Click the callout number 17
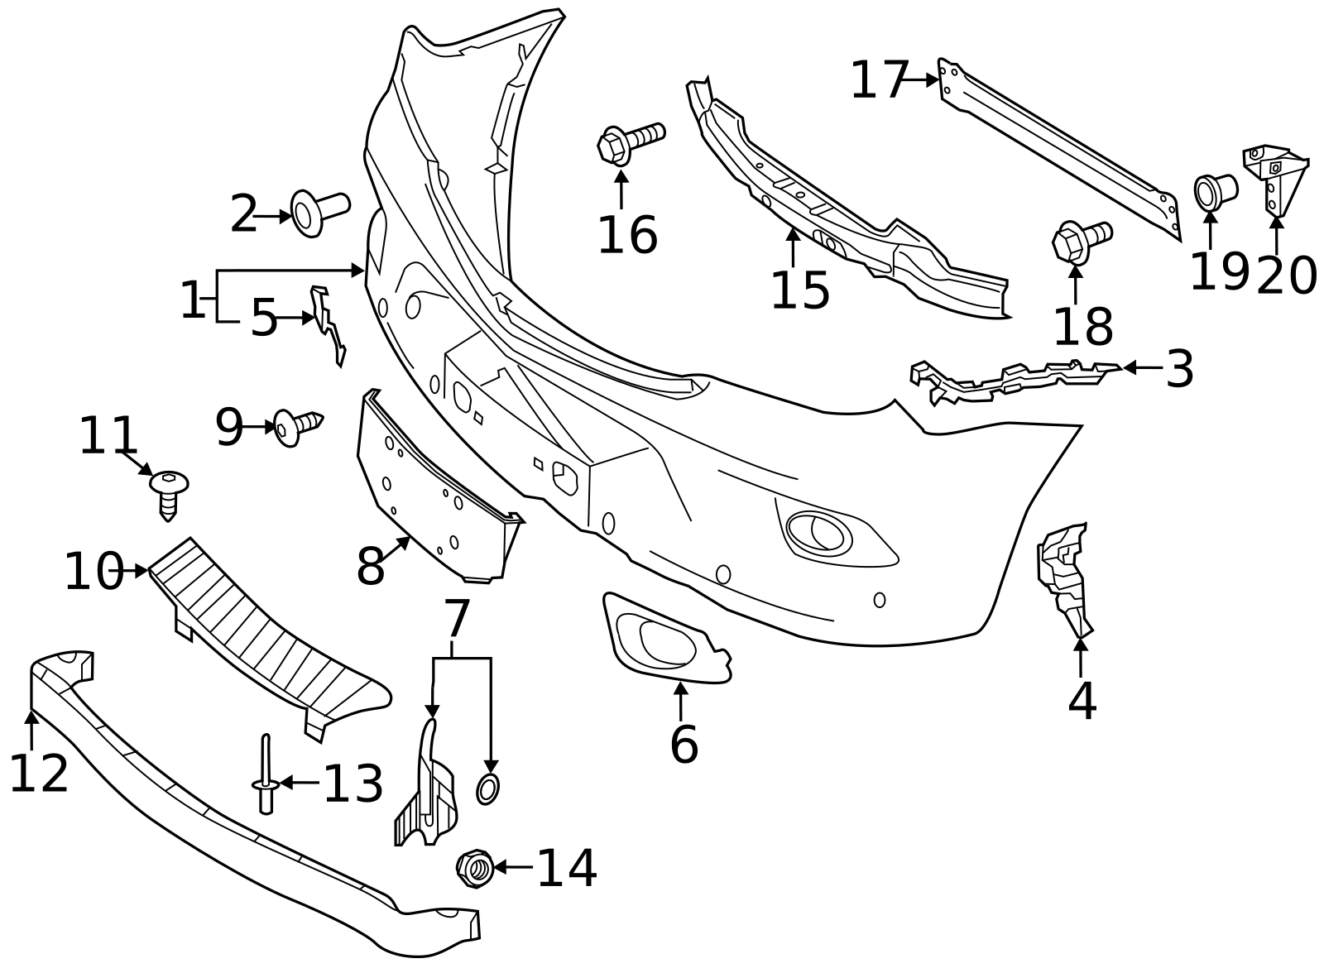pos(880,80)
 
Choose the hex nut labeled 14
pos(475,867)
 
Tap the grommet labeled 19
pos(1213,191)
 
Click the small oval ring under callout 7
pos(487,788)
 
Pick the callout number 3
pos(1179,369)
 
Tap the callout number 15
pos(799,290)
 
